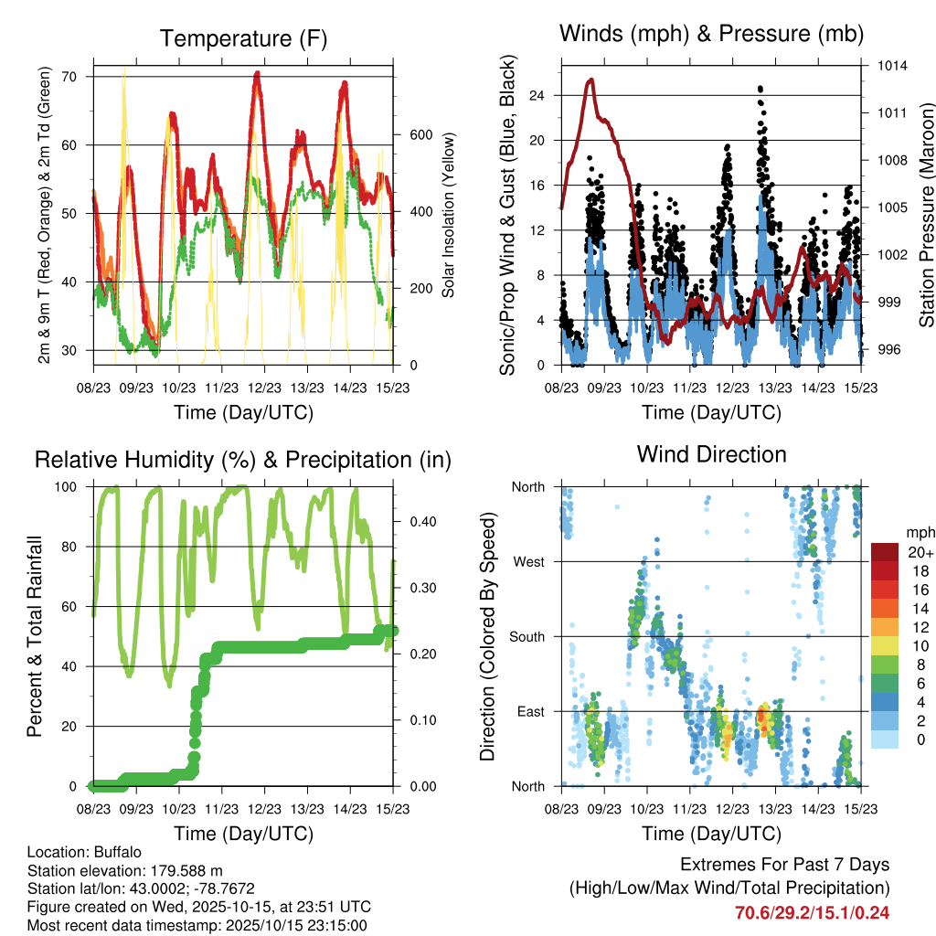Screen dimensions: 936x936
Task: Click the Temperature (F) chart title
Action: click(x=243, y=38)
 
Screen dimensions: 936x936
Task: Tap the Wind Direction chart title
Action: click(x=711, y=453)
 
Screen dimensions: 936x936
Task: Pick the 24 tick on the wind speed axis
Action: click(x=537, y=95)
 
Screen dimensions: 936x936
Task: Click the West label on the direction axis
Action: click(x=528, y=561)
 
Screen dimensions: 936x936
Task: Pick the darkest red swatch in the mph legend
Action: click(x=885, y=552)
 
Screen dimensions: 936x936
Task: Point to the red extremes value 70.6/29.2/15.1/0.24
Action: click(x=812, y=912)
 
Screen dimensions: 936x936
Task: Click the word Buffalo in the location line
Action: click(x=116, y=852)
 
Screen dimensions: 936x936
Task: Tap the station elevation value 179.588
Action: click(x=180, y=870)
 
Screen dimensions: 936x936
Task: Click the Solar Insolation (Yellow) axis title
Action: click(x=449, y=216)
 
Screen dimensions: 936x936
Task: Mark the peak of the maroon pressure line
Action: click(x=591, y=80)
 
